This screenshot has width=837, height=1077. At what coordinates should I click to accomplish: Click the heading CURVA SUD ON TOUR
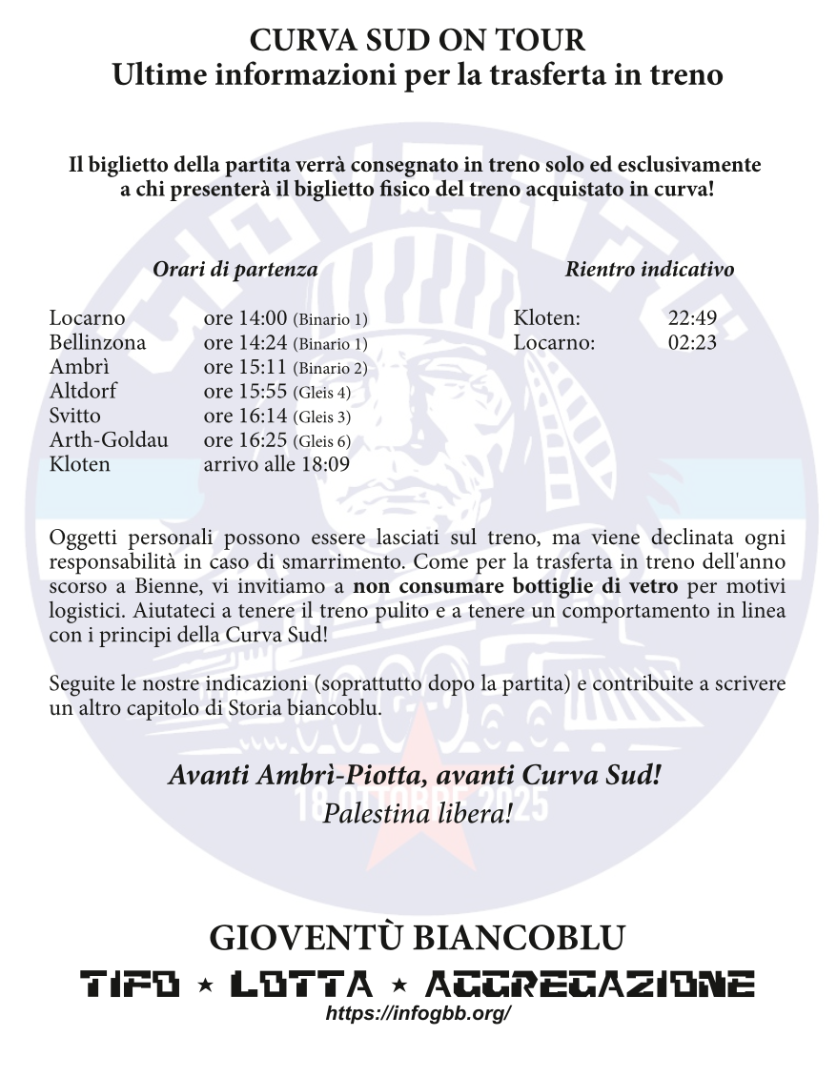click(x=418, y=40)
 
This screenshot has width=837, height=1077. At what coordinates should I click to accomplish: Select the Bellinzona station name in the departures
click(x=97, y=343)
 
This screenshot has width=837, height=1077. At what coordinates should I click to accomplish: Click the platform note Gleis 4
click(x=322, y=393)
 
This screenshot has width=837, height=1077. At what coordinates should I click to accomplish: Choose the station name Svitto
click(x=74, y=417)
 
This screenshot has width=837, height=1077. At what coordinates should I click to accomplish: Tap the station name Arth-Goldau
click(x=108, y=440)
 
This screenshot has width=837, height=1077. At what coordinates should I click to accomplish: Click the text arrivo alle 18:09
click(x=276, y=465)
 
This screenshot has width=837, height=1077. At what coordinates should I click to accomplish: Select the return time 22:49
click(x=692, y=318)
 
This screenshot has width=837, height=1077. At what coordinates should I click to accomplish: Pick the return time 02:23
click(x=692, y=343)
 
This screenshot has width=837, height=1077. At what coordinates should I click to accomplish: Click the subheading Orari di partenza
click(x=235, y=270)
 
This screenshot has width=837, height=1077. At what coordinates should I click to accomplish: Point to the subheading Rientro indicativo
click(x=649, y=270)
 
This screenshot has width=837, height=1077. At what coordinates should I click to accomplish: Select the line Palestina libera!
click(x=418, y=814)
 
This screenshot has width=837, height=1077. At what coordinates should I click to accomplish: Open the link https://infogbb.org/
click(x=418, y=1014)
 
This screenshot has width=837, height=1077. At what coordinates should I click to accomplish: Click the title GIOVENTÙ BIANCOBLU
click(x=418, y=938)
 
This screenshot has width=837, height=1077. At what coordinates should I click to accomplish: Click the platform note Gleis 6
click(x=322, y=441)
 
